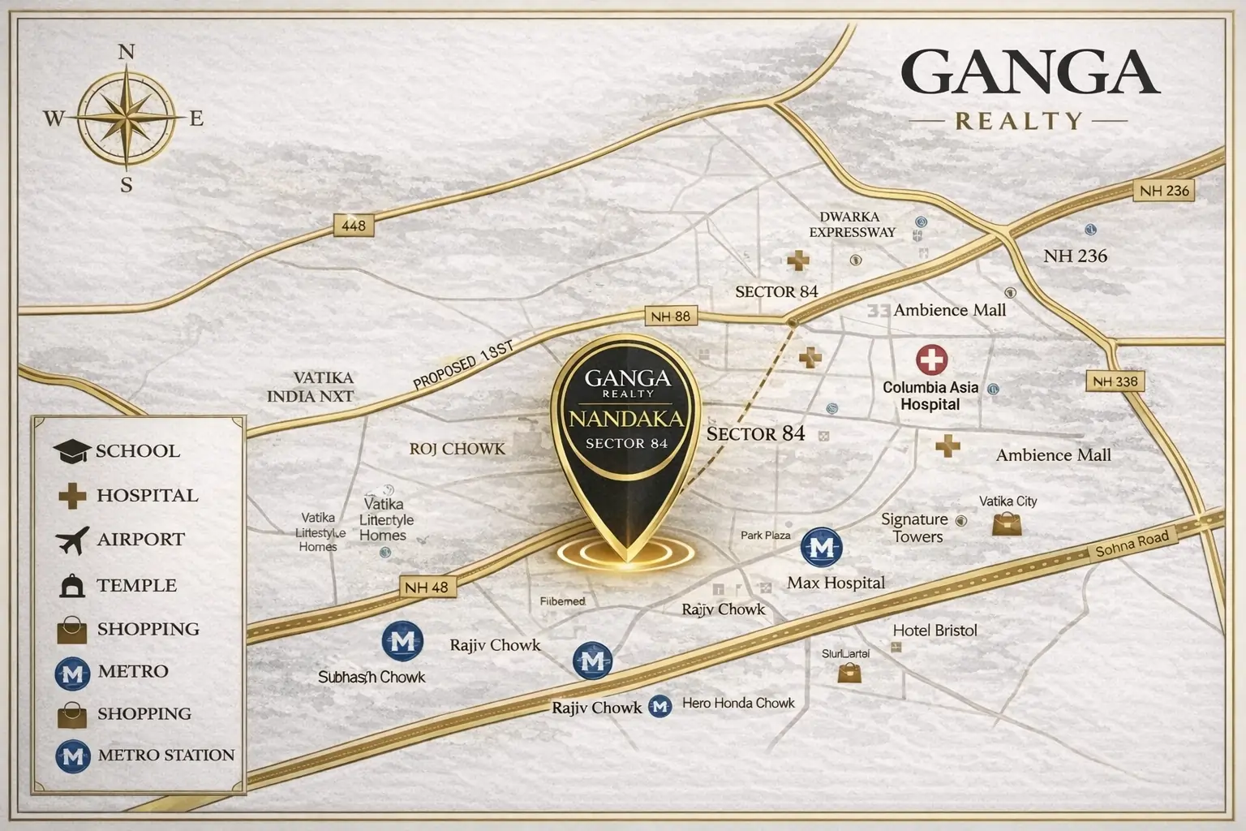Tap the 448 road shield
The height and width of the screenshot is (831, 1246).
click(x=354, y=226)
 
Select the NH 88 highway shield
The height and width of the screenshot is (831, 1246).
click(x=671, y=316)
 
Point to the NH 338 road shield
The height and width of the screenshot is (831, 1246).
click(x=1115, y=381)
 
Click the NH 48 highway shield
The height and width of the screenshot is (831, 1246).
click(x=427, y=587)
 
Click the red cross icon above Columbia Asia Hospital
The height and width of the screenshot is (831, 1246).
click(x=932, y=360)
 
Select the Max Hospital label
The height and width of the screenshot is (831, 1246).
click(x=836, y=583)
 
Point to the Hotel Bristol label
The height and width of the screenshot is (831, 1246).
click(x=934, y=631)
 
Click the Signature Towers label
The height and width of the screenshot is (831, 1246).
click(x=914, y=527)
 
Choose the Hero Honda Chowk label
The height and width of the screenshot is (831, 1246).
click(x=738, y=704)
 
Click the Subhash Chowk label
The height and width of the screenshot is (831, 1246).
click(x=372, y=676)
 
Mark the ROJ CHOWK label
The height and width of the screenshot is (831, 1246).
click(x=457, y=449)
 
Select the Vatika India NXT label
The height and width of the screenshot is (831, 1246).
click(x=322, y=387)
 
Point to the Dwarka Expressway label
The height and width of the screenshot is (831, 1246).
click(x=851, y=225)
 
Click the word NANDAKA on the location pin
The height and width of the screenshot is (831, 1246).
click(x=625, y=420)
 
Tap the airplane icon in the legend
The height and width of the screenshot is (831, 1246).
click(x=72, y=540)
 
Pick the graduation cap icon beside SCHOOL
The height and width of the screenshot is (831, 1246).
click(x=71, y=451)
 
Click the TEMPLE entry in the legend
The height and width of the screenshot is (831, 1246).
click(x=136, y=585)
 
